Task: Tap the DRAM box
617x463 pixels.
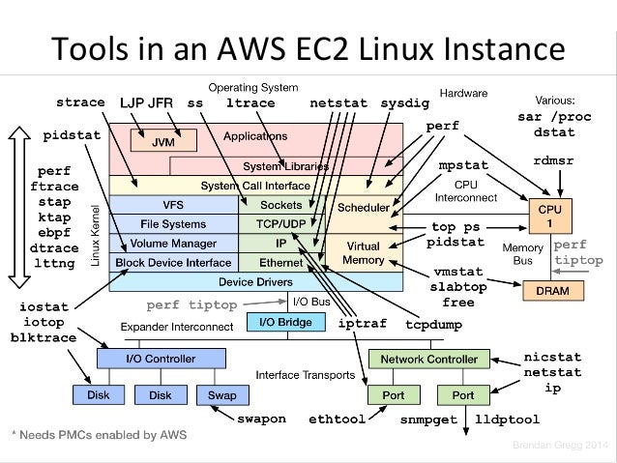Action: (x=544, y=289)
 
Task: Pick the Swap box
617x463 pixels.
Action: (x=216, y=395)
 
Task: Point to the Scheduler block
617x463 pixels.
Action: (x=363, y=207)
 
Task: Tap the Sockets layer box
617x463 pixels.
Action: (x=281, y=205)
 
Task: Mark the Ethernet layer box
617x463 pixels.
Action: (x=281, y=262)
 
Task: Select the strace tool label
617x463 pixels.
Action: (x=79, y=102)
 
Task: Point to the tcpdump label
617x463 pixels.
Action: (x=431, y=324)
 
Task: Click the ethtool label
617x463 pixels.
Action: (x=338, y=420)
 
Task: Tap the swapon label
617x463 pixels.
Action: (x=261, y=420)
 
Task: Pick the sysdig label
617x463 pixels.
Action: (x=405, y=102)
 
